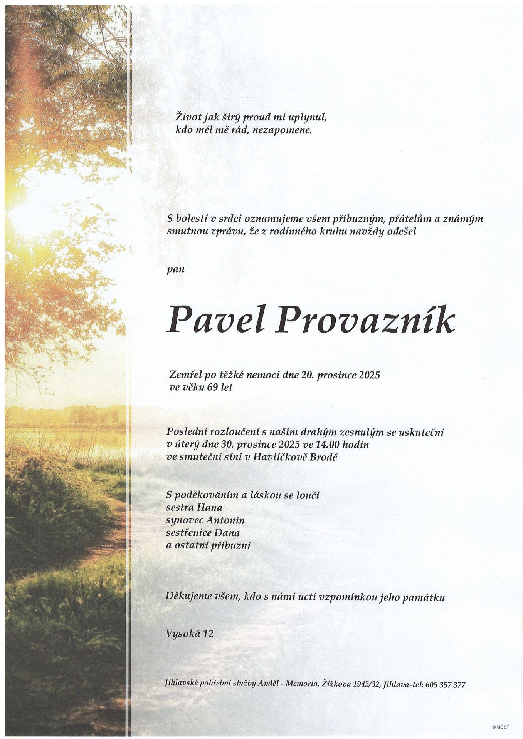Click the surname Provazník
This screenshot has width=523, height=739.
(364, 321)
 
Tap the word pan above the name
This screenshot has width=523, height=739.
(175, 269)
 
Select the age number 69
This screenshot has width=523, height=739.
(212, 387)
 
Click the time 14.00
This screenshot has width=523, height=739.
(326, 445)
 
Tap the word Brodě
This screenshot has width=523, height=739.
(325, 457)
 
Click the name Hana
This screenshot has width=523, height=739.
(210, 507)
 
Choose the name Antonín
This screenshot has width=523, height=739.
(225, 520)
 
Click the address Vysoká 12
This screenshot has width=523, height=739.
(189, 634)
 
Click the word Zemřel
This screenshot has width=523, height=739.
(185, 375)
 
